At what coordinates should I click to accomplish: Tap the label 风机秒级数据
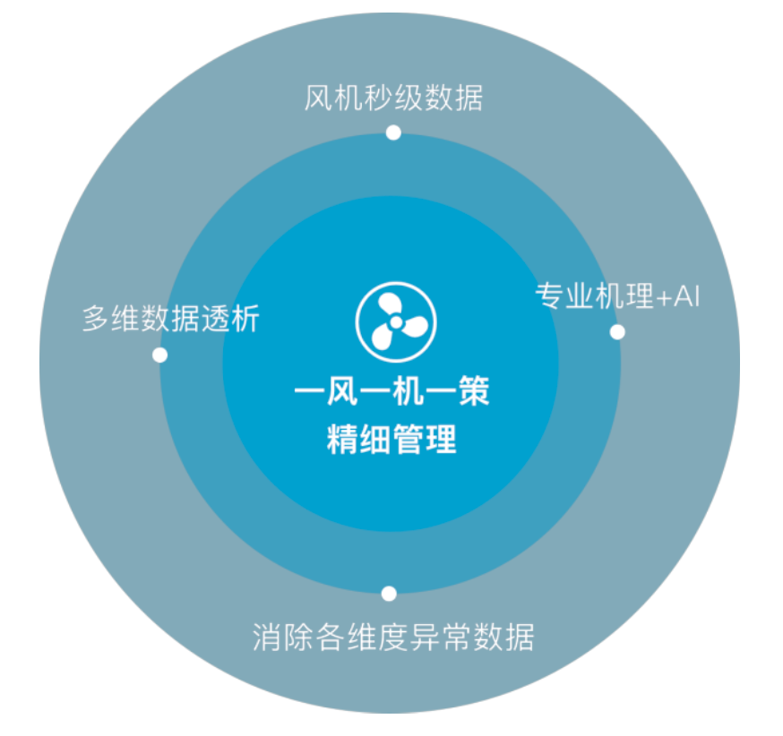tap(393, 97)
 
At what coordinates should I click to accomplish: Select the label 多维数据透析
tap(170, 319)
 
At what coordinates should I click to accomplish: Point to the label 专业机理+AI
tap(617, 295)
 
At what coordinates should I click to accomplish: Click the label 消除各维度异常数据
tap(392, 638)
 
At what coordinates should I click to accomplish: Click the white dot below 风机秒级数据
tap(392, 133)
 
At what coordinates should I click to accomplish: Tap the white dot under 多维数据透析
tap(159, 355)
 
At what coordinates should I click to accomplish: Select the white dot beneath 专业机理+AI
tap(617, 332)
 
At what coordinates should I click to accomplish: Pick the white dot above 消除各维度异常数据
tap(389, 593)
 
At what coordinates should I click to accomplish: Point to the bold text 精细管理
tap(392, 441)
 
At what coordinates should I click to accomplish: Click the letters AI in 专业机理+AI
tap(685, 295)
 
